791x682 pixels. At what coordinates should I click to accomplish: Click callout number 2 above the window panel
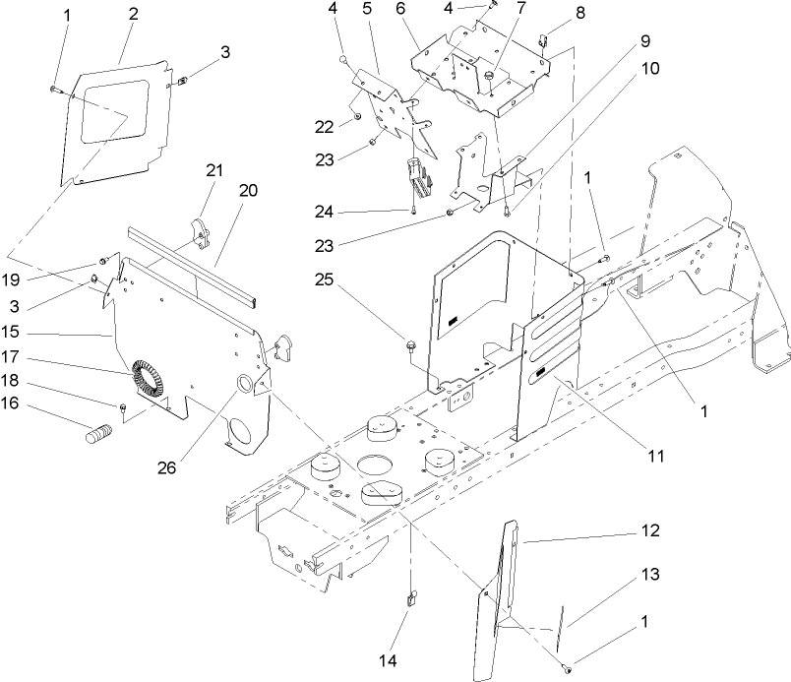coord(133,14)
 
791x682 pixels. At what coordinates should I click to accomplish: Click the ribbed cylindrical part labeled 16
coord(98,434)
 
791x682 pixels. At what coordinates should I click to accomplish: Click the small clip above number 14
coord(411,594)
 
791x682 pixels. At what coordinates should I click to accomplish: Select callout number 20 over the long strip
coord(248,191)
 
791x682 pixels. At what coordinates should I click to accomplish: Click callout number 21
coord(214,169)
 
